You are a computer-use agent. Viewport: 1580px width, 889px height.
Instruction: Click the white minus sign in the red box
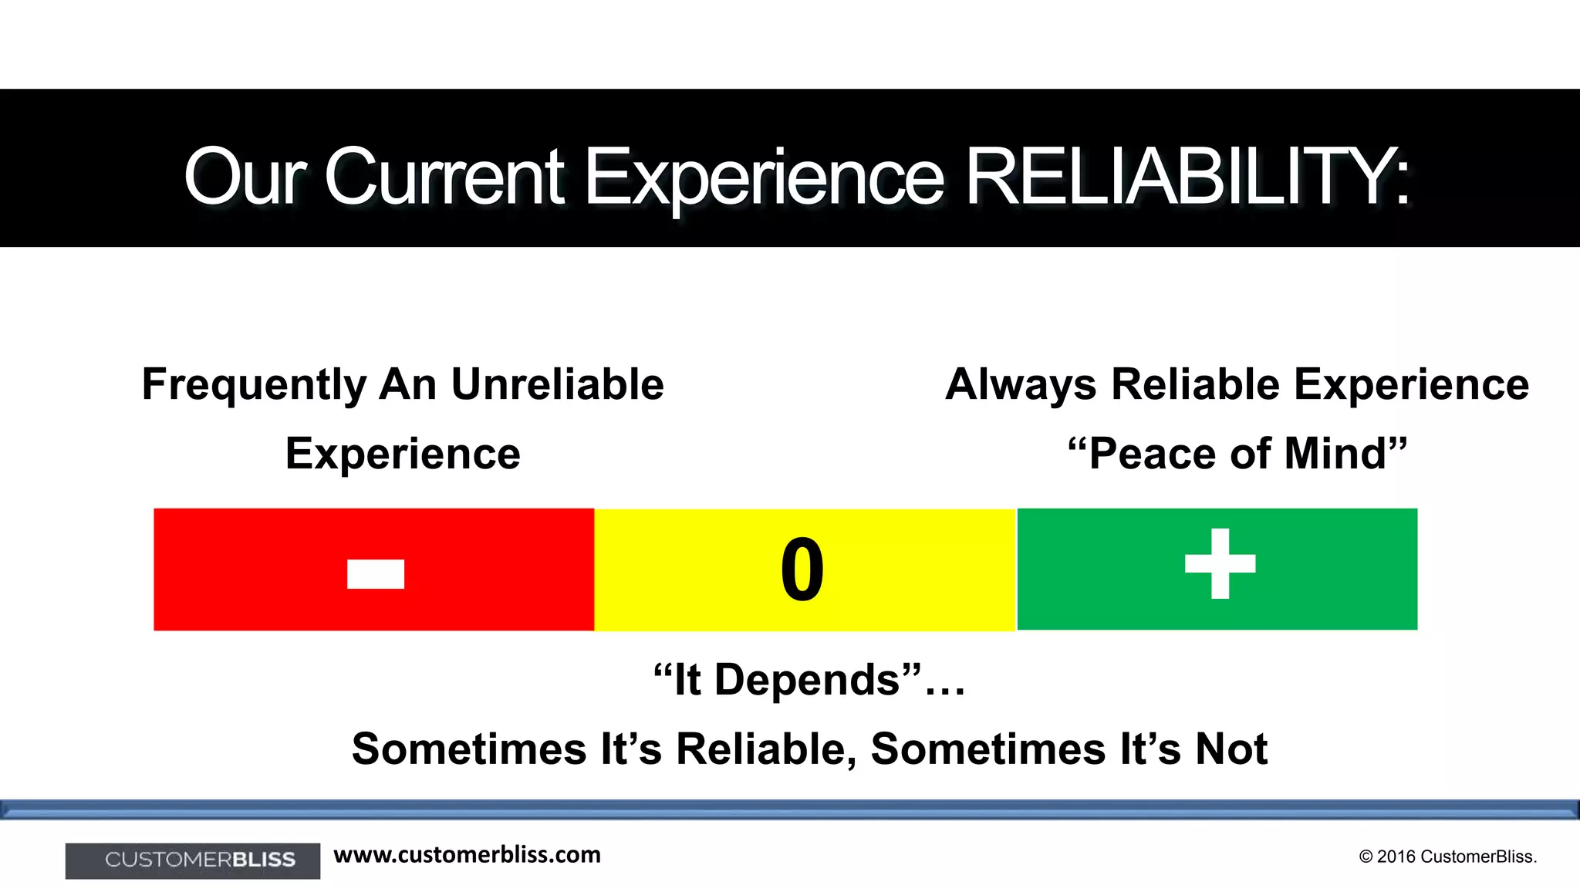coord(376,573)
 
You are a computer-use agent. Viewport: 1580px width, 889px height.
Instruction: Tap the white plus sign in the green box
coord(1220,564)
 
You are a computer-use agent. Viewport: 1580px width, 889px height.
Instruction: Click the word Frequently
coord(255,384)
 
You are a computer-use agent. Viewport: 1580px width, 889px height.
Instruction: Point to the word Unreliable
coord(557,384)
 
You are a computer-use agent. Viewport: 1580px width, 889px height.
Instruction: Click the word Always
coord(1020,384)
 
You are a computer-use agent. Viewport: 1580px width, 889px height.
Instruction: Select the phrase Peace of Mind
coord(1237,454)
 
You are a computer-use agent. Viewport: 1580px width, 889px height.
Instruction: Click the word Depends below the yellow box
coord(808,680)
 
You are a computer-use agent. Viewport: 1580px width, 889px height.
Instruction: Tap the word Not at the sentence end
coord(1231,749)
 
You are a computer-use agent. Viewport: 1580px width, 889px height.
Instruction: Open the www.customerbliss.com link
coord(467,855)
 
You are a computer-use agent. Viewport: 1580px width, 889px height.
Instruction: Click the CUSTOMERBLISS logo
coord(193,860)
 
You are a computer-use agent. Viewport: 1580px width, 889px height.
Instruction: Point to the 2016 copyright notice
coord(1447,857)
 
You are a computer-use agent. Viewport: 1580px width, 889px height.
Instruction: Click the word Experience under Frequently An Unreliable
coord(403,454)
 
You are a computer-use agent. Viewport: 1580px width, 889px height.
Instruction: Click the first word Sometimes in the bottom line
coord(469,749)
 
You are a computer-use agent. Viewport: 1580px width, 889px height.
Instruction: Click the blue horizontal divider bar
coord(790,810)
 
